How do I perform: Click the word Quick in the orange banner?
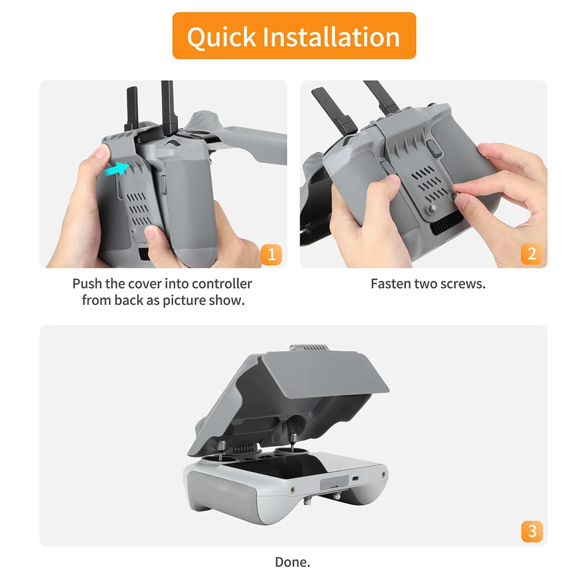(220, 36)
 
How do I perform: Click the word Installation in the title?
(331, 36)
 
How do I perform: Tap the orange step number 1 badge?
(271, 255)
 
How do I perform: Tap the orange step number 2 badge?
(531, 255)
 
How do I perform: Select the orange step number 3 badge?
(531, 531)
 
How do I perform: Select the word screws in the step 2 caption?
(464, 284)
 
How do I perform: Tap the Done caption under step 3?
(292, 562)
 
